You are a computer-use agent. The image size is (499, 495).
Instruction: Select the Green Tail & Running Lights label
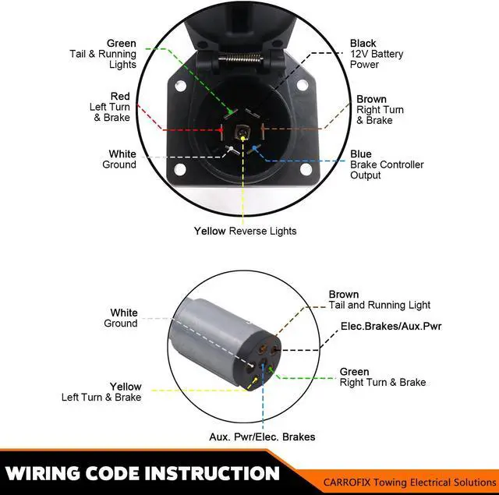tap(103, 54)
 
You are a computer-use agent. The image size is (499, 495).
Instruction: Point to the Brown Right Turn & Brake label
tap(381, 110)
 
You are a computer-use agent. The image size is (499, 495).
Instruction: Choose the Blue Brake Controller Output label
tap(386, 164)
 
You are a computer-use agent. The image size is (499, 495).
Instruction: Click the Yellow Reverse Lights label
tap(245, 231)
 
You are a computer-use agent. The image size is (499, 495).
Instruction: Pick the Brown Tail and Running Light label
tap(379, 300)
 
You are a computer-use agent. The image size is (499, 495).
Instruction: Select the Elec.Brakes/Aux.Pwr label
tap(391, 326)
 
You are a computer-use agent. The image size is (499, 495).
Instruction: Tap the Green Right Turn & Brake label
tap(382, 377)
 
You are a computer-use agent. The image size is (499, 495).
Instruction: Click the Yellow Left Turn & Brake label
tap(102, 392)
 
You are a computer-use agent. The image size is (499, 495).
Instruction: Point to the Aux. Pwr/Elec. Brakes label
tap(262, 437)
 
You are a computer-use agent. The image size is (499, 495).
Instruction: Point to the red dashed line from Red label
tap(179, 129)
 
